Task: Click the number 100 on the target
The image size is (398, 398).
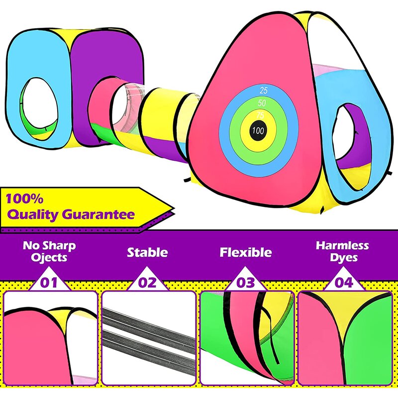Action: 258,131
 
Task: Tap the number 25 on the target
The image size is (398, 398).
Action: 264,91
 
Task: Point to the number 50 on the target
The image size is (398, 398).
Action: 261,103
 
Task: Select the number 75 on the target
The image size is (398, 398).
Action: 260,115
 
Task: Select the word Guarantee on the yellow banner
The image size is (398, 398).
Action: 99,215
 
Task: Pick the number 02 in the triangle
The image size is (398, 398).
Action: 148,283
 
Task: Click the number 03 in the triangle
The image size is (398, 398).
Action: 246,283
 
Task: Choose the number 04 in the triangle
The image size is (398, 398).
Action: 344,283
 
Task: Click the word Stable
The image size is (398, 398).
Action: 147,252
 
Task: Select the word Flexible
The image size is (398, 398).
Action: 246,252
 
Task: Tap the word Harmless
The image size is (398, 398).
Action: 342,245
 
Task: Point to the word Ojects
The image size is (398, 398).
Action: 49,258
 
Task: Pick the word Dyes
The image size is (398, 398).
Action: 343,258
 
